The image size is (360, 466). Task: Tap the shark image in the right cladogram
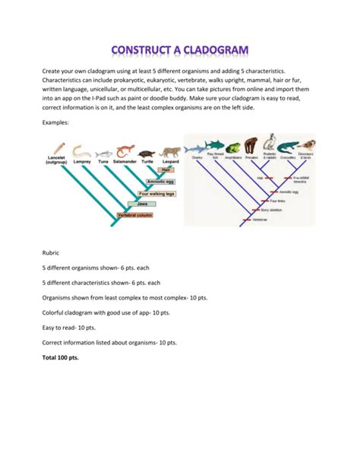197,147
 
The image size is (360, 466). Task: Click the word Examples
56,122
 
